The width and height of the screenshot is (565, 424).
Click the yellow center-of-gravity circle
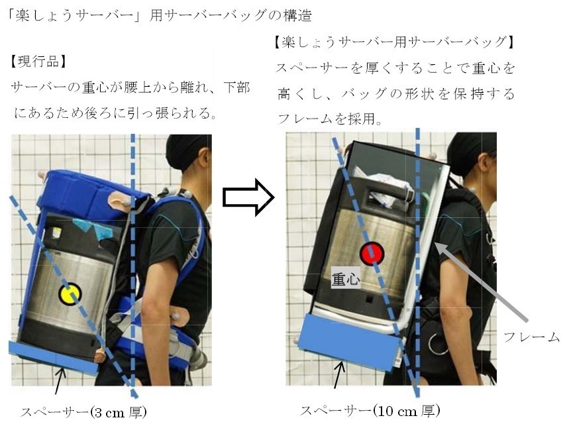coord(70,294)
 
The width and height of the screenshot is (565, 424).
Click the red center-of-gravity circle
coord(372,254)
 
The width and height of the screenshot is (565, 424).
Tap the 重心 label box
coord(346,278)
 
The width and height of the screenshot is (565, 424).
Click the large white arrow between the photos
coord(248,197)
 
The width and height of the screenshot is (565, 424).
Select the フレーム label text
coord(531,337)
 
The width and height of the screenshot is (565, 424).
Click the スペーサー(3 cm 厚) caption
coord(83,411)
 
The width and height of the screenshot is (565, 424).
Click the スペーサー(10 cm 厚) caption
coord(370,410)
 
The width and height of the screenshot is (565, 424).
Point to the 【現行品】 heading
coord(38,62)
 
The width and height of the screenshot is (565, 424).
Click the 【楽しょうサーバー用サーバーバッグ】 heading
coord(394,42)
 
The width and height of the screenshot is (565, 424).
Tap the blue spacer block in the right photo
coord(350,341)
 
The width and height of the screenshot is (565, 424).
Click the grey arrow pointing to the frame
coord(482,282)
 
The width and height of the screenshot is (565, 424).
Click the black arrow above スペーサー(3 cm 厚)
coord(60,380)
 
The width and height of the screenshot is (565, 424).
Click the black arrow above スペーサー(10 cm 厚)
coord(339,375)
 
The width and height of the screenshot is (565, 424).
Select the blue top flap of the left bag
coord(92,195)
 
